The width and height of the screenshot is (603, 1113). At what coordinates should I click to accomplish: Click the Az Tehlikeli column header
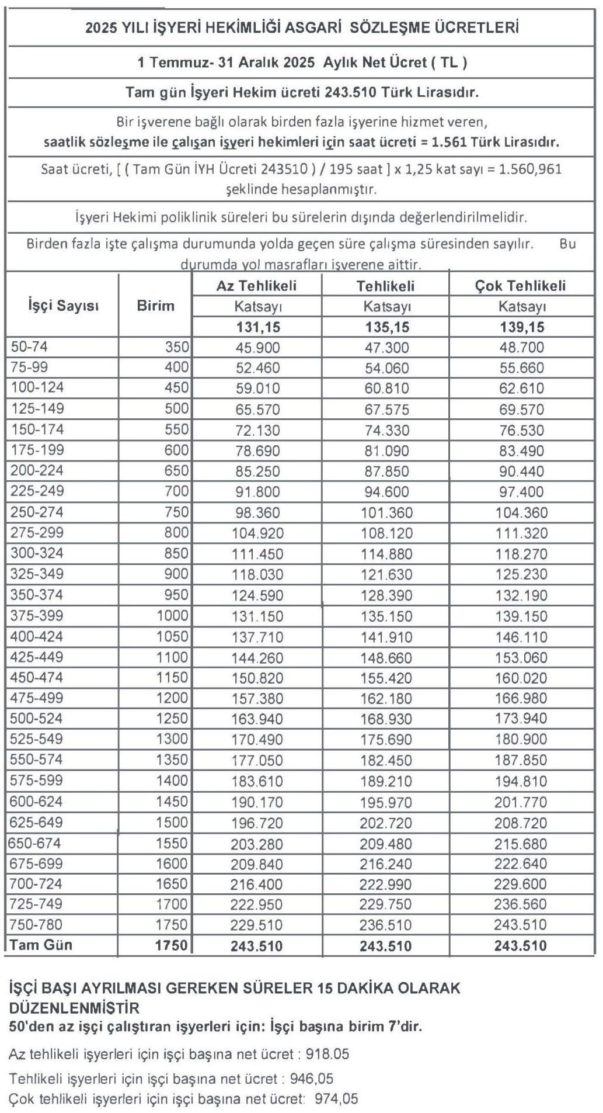pyautogui.click(x=256, y=286)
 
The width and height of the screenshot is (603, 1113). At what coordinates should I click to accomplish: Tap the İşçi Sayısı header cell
pyautogui.click(x=63, y=305)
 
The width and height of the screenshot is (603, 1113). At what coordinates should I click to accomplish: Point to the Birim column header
pyautogui.click(x=155, y=305)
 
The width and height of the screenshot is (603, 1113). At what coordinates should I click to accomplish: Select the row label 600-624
pyautogui.click(x=36, y=802)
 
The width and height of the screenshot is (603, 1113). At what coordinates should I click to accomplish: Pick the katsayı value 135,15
pyautogui.click(x=386, y=327)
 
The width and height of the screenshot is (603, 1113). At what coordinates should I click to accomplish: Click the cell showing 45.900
pyautogui.click(x=257, y=348)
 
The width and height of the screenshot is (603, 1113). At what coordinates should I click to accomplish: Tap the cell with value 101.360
pyautogui.click(x=386, y=513)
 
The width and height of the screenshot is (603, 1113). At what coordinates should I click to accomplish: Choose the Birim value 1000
pyautogui.click(x=172, y=616)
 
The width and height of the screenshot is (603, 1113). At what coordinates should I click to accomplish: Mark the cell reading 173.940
pyautogui.click(x=521, y=719)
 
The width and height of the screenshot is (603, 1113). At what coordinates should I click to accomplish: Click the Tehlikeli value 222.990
pyautogui.click(x=386, y=884)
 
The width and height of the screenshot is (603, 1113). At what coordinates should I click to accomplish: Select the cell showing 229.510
pyautogui.click(x=257, y=925)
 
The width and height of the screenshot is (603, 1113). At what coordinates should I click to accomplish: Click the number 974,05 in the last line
pyautogui.click(x=336, y=1099)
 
